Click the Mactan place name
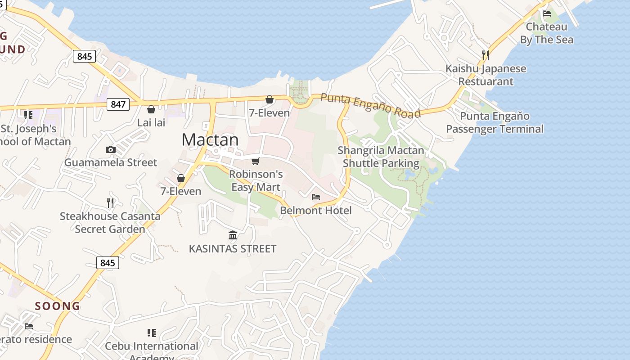coord(210,140)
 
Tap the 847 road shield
coord(118,104)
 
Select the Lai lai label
coord(151,122)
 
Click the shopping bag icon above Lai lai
coord(151,109)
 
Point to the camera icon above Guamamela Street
coord(111,149)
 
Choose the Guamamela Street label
coord(111,162)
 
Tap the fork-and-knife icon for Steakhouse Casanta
coord(110,202)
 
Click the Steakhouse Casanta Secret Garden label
coord(110,222)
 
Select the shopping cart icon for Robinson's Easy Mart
coord(256,161)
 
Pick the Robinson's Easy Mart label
coord(256,180)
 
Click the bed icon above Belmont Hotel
coord(316,197)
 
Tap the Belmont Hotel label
coord(316,210)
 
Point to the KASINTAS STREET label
coord(233,248)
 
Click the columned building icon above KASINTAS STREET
coord(233,235)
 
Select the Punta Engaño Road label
coord(371,106)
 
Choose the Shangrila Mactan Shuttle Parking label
coord(381,157)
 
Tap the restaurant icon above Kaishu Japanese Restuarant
coord(486,55)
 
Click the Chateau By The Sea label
coord(547,33)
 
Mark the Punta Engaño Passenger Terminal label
coord(495,122)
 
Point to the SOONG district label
coord(58,306)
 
